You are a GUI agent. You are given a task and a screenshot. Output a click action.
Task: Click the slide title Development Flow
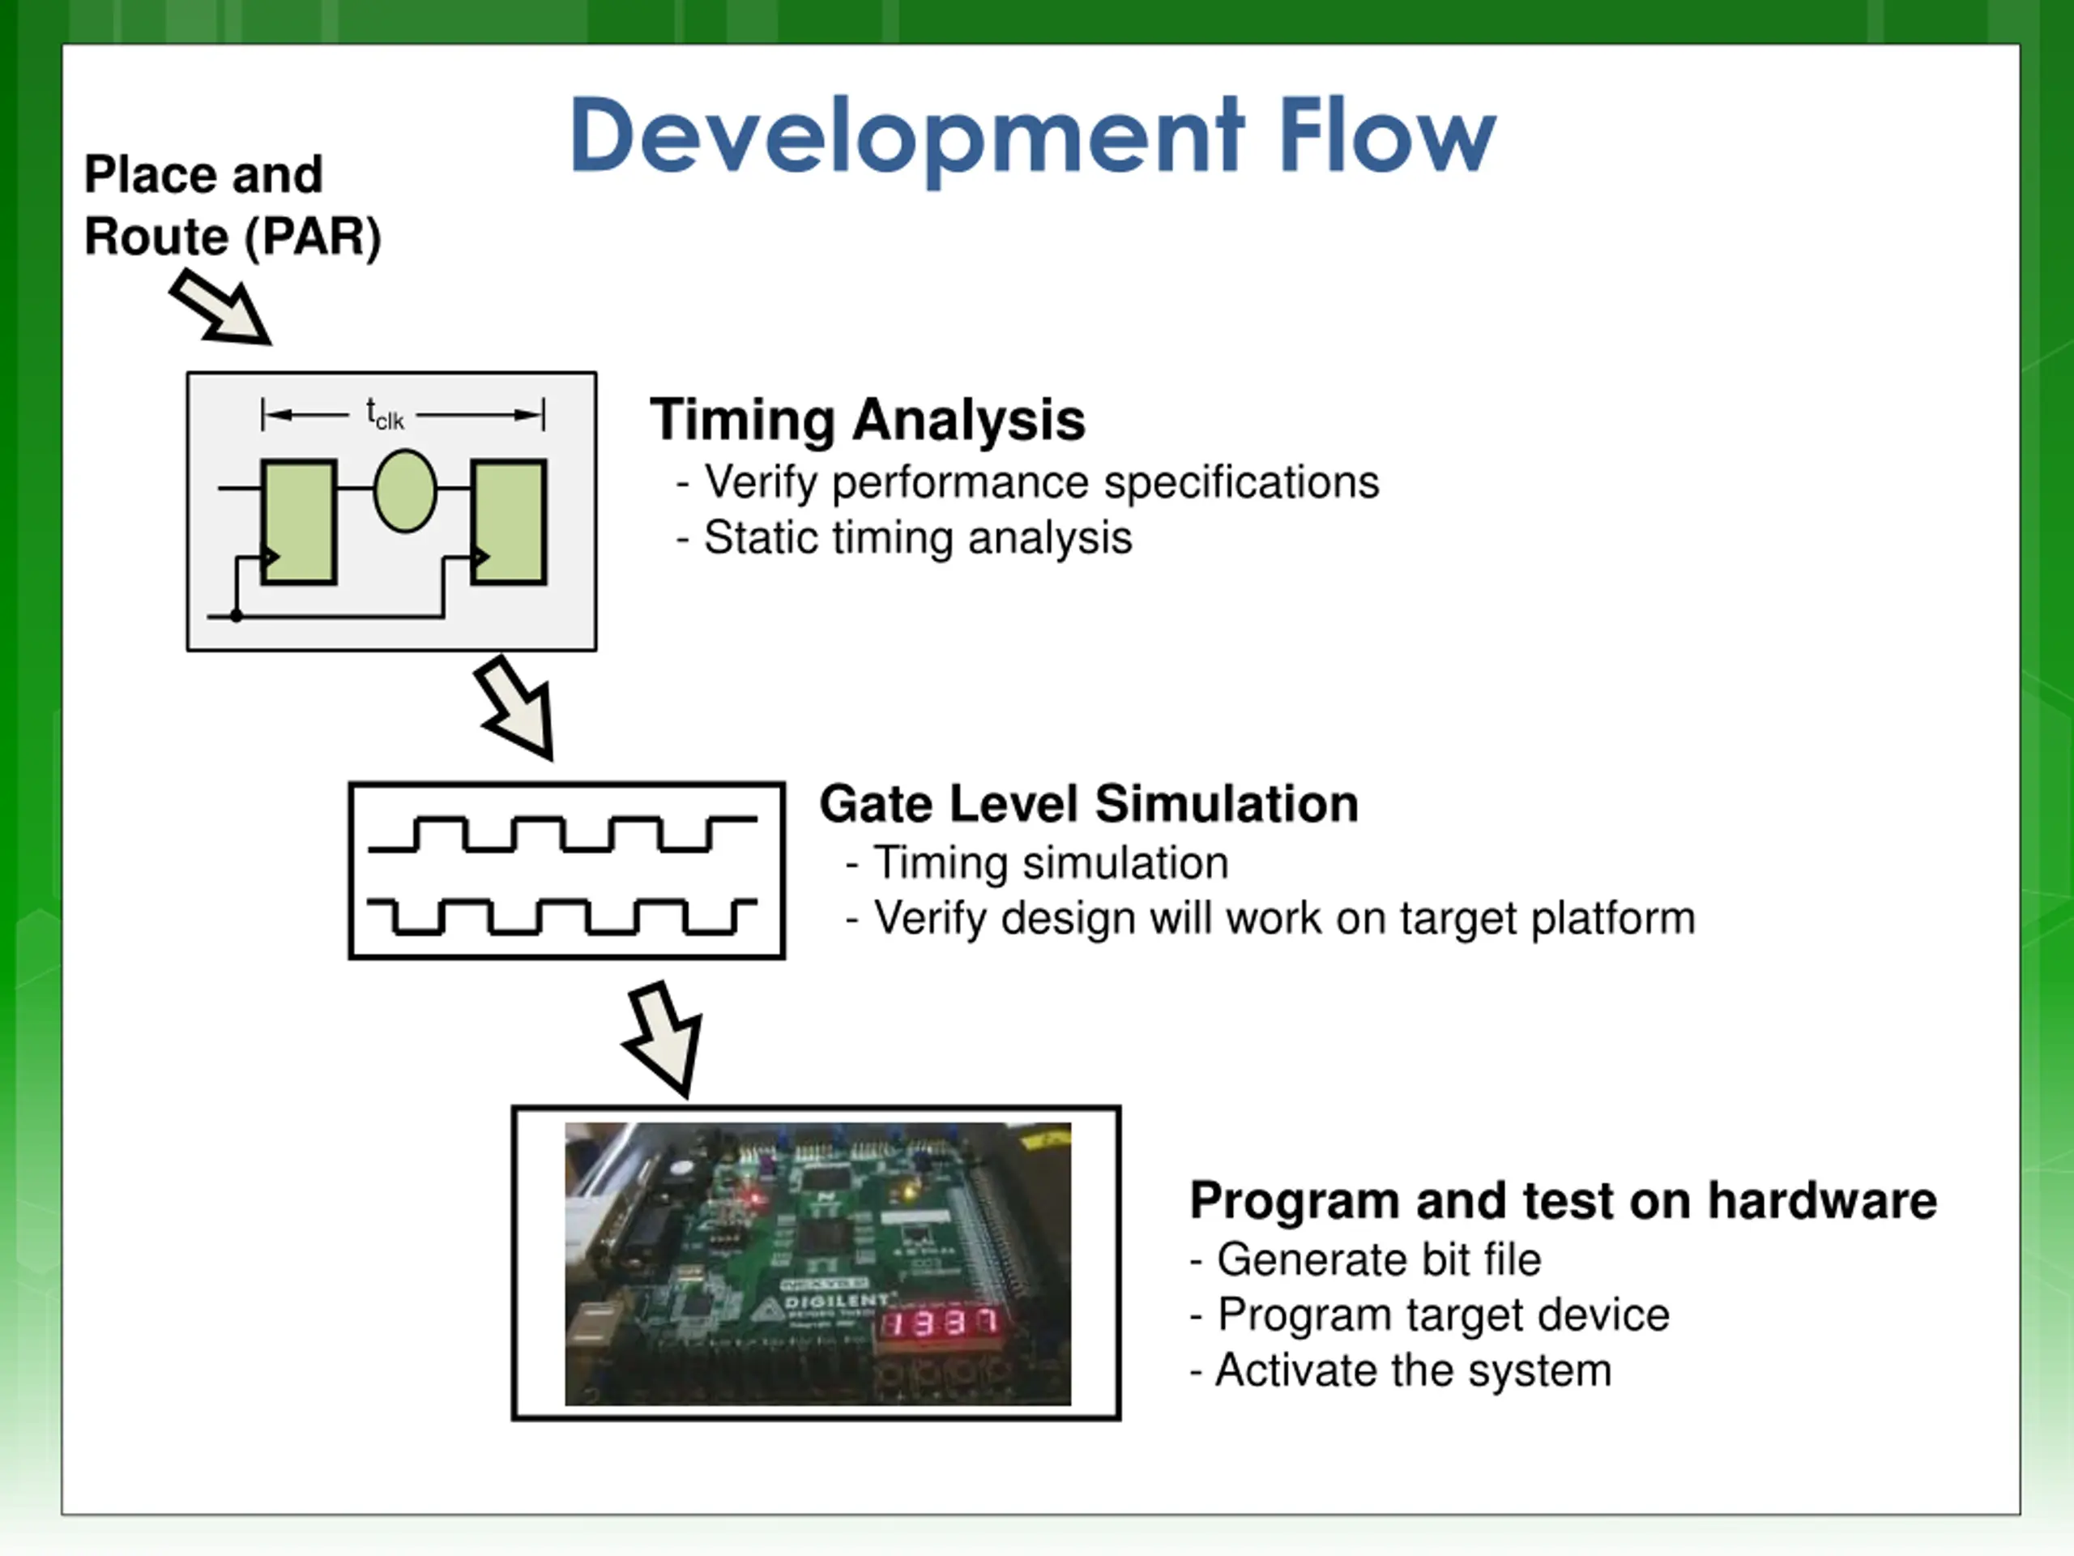point(1031,136)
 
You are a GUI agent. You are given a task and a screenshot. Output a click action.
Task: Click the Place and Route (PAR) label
point(232,204)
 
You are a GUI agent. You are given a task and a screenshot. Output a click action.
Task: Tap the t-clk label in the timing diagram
point(385,413)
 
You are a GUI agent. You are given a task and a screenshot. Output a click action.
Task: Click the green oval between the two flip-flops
point(405,490)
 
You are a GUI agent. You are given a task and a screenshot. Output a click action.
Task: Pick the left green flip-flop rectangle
point(299,521)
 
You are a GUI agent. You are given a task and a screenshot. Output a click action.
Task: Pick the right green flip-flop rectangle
point(509,521)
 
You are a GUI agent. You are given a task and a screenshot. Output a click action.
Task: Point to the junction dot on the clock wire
point(237,616)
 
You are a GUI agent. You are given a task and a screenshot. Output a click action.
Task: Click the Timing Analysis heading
point(868,419)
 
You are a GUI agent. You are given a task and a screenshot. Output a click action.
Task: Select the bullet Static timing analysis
point(917,538)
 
